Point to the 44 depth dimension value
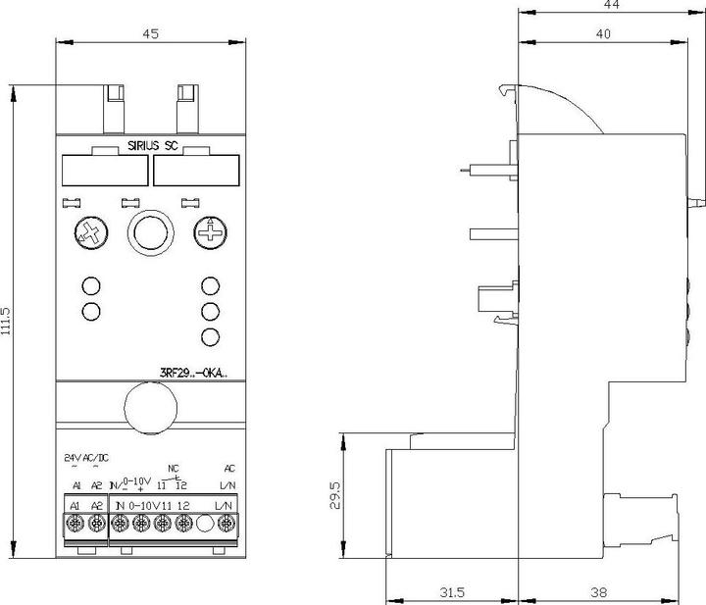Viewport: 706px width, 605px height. pos(612,6)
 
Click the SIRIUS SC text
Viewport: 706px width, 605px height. pos(151,147)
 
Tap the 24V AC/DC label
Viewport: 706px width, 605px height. pos(85,457)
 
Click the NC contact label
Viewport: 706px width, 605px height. pos(174,468)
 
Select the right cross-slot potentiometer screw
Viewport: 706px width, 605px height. pos(209,233)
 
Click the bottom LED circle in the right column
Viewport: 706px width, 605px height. pos(209,337)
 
